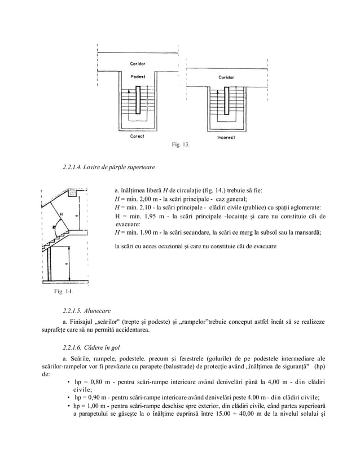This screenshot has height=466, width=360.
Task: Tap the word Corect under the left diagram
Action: click(x=137, y=137)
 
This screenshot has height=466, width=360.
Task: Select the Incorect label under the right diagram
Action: click(x=226, y=137)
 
